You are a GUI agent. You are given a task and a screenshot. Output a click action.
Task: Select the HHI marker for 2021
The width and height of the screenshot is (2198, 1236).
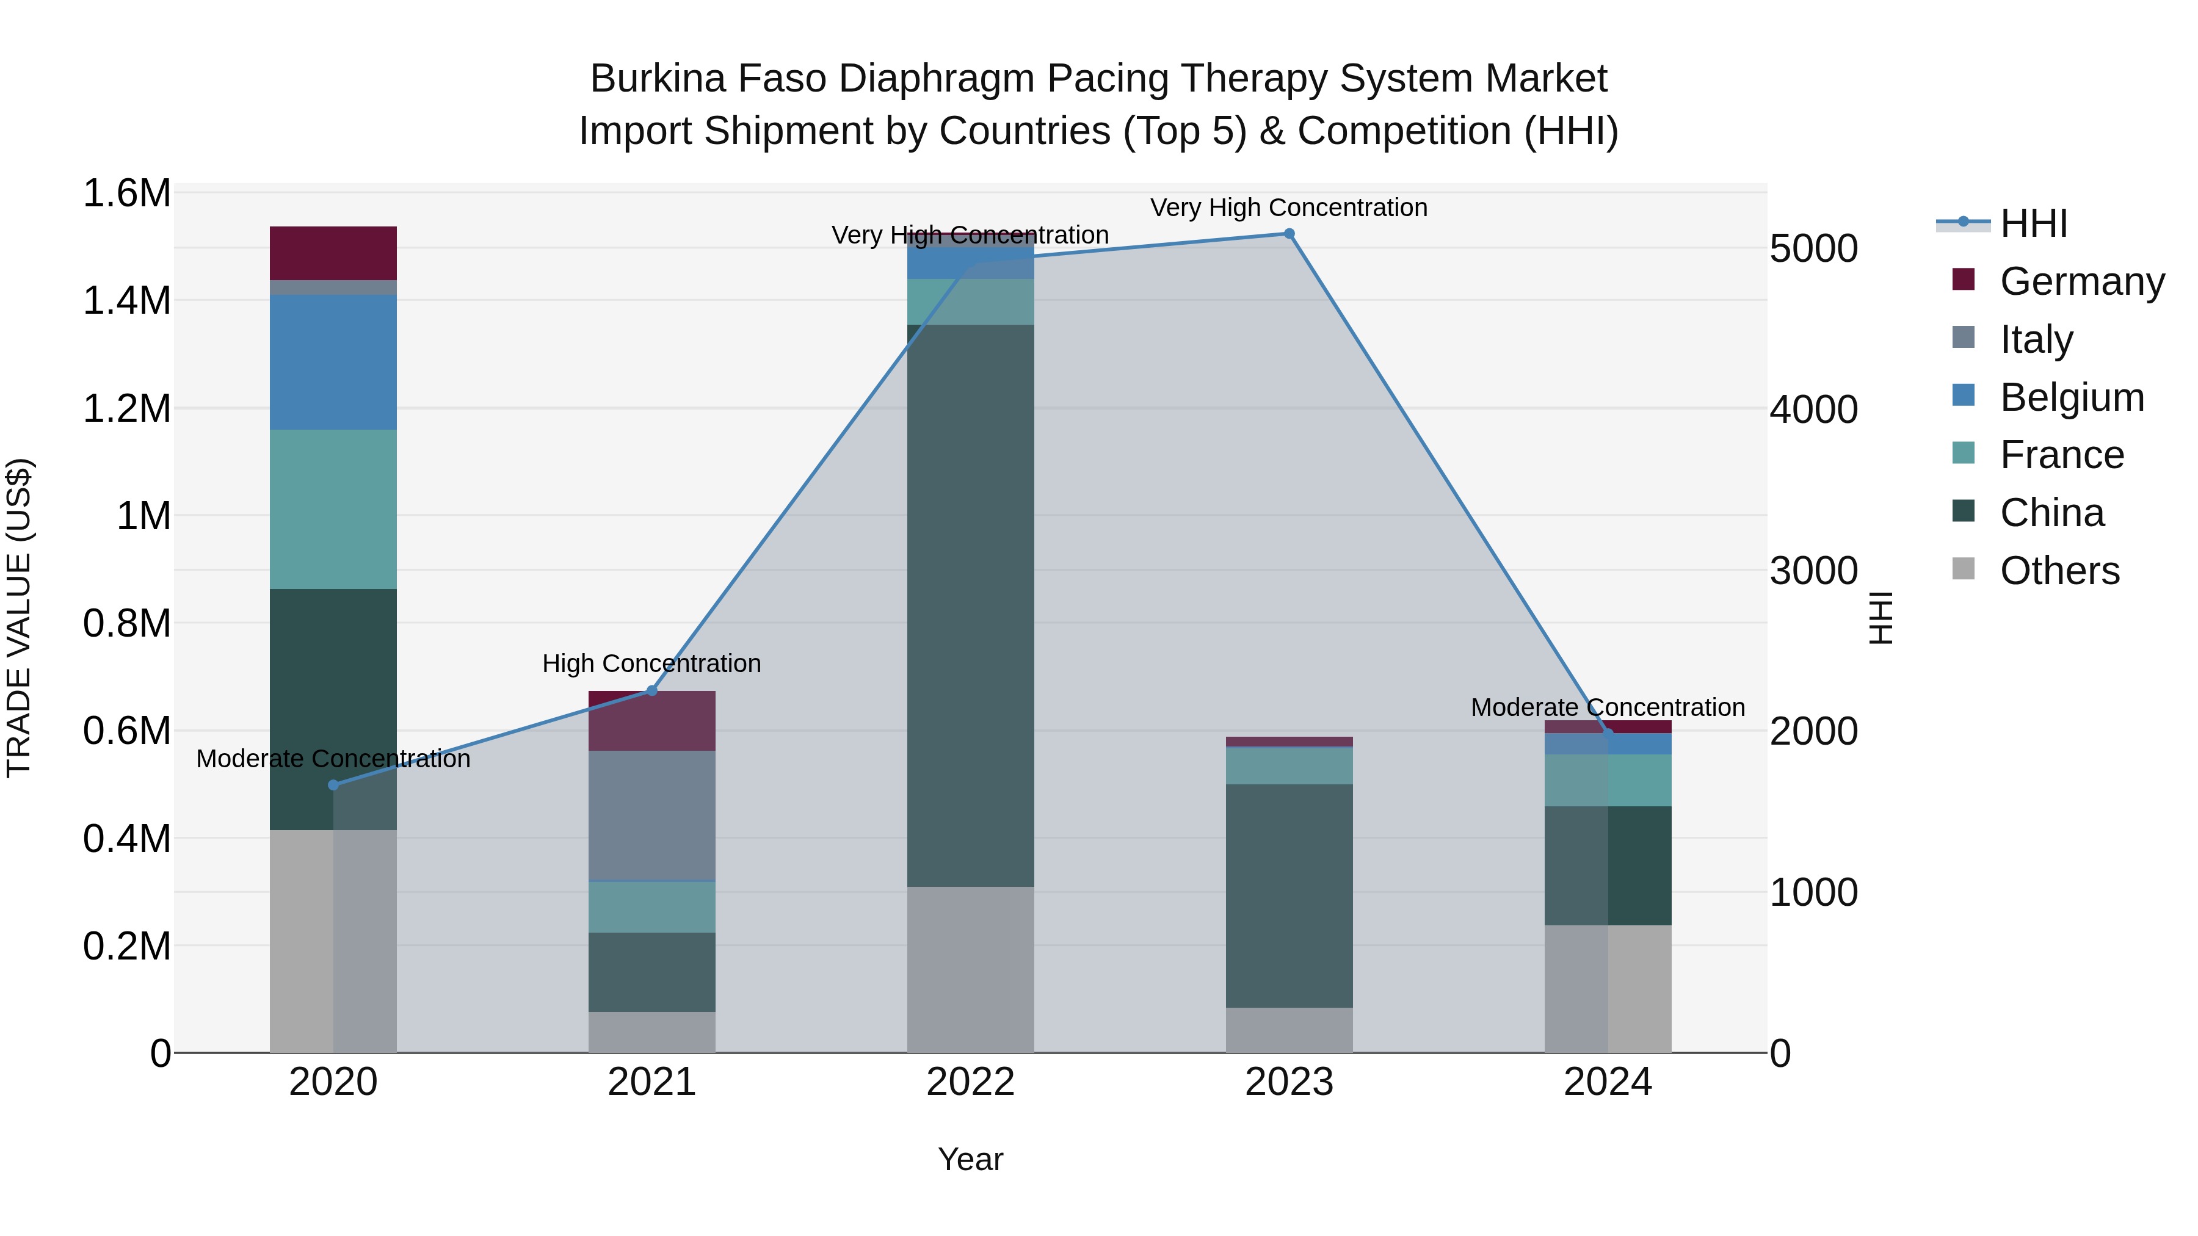[x=652, y=690]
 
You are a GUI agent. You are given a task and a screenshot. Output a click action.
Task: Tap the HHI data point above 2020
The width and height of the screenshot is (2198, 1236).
[x=333, y=785]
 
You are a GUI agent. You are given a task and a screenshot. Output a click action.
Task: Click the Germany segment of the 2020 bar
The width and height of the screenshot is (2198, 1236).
[x=333, y=253]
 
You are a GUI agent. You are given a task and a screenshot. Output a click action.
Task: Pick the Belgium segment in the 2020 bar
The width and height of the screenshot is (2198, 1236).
[x=333, y=362]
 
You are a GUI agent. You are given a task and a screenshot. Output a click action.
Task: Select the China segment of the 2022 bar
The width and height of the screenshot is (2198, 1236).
[x=970, y=605]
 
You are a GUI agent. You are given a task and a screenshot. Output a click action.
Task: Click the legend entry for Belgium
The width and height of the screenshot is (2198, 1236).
[x=2071, y=397]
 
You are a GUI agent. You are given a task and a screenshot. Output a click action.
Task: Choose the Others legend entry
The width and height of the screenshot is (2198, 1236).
[x=2059, y=571]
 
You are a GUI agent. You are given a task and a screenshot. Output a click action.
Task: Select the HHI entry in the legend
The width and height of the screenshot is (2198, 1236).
[x=2033, y=223]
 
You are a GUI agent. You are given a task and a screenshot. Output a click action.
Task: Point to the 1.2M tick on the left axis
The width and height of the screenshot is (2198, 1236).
[x=126, y=408]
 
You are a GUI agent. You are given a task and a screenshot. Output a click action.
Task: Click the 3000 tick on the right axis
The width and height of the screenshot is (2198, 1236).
[x=1813, y=571]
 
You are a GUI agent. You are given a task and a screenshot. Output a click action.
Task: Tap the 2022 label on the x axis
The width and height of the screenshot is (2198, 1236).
[x=970, y=1082]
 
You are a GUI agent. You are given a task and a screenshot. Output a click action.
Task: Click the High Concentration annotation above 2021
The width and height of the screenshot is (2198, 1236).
[x=652, y=663]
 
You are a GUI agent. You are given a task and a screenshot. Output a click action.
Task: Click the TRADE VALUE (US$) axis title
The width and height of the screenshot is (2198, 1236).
[x=19, y=618]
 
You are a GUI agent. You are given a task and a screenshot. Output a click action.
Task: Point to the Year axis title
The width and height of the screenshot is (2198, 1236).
[x=970, y=1159]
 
